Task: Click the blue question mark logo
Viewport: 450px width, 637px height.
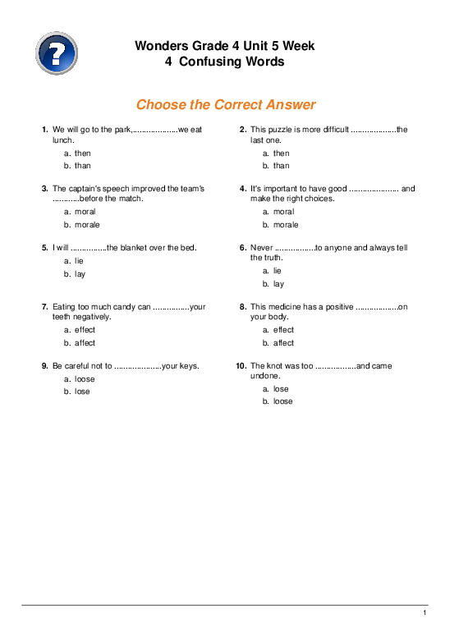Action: coord(57,53)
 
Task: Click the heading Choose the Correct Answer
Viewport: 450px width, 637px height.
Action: coord(225,105)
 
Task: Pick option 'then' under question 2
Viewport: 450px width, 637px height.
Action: coord(281,154)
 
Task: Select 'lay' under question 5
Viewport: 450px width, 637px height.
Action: coord(80,274)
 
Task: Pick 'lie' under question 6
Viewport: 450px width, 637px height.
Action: coord(278,270)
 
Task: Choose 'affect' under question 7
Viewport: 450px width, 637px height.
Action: coord(85,343)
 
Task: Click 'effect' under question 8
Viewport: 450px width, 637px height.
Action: coord(283,330)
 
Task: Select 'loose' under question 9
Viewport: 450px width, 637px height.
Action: coord(85,379)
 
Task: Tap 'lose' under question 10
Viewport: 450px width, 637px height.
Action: coord(281,389)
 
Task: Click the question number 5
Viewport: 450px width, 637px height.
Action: coord(44,247)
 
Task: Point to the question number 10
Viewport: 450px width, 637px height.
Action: coord(241,366)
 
